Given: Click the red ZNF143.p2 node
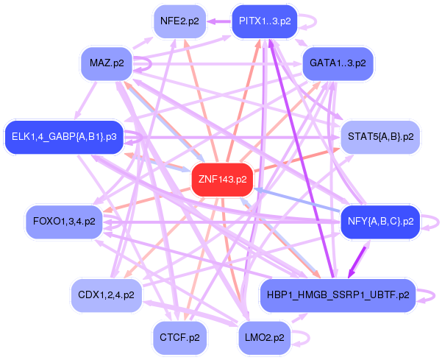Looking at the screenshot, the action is click(222, 180).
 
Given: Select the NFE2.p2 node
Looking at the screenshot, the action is click(179, 21).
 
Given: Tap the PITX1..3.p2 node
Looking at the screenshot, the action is click(265, 21).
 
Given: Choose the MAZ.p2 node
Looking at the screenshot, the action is click(107, 63).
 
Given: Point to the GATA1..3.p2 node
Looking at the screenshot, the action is click(338, 63).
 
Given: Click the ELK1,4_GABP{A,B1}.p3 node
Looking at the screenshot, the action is click(64, 137).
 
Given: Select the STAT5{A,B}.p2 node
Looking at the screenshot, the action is click(380, 137).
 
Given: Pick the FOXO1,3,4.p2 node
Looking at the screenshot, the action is click(64, 222).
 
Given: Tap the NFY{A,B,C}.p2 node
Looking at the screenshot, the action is click(380, 222).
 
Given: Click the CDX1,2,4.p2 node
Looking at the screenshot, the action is click(107, 295).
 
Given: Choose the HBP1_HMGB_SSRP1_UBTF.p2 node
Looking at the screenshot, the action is click(338, 295).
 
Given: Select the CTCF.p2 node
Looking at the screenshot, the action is click(179, 338).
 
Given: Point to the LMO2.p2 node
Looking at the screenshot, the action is click(265, 338).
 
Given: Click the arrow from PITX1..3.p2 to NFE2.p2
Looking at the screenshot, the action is click(219, 21).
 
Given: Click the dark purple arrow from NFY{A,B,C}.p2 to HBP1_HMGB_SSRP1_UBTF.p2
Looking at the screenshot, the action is click(357, 263).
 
